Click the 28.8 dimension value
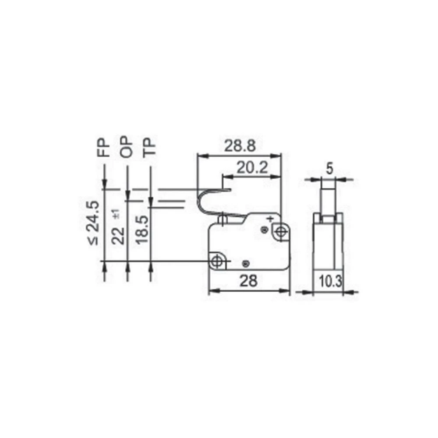coord(240,146)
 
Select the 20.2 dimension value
coord(252,167)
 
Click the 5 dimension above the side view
coord(330,167)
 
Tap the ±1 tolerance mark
coord(116,215)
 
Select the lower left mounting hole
coord(216,261)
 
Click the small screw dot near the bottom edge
coord(246,263)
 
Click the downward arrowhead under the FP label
coord(104,184)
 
